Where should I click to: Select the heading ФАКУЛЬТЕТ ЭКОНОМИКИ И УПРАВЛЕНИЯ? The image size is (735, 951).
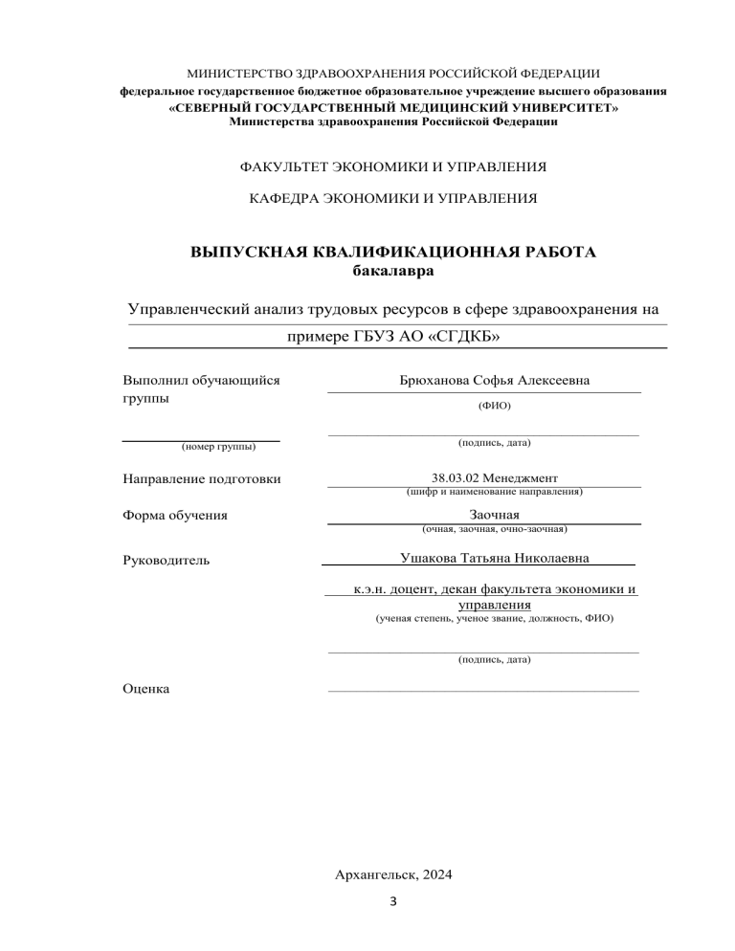coord(392,166)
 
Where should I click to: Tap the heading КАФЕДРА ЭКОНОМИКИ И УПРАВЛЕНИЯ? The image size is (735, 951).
coord(392,199)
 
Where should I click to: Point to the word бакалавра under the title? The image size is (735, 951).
coord(392,272)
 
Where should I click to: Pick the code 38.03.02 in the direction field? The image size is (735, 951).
coord(456,477)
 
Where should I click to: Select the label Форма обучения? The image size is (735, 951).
coord(175,516)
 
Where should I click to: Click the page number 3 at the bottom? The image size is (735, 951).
coord(393,901)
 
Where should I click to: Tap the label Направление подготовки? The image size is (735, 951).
coord(202,478)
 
